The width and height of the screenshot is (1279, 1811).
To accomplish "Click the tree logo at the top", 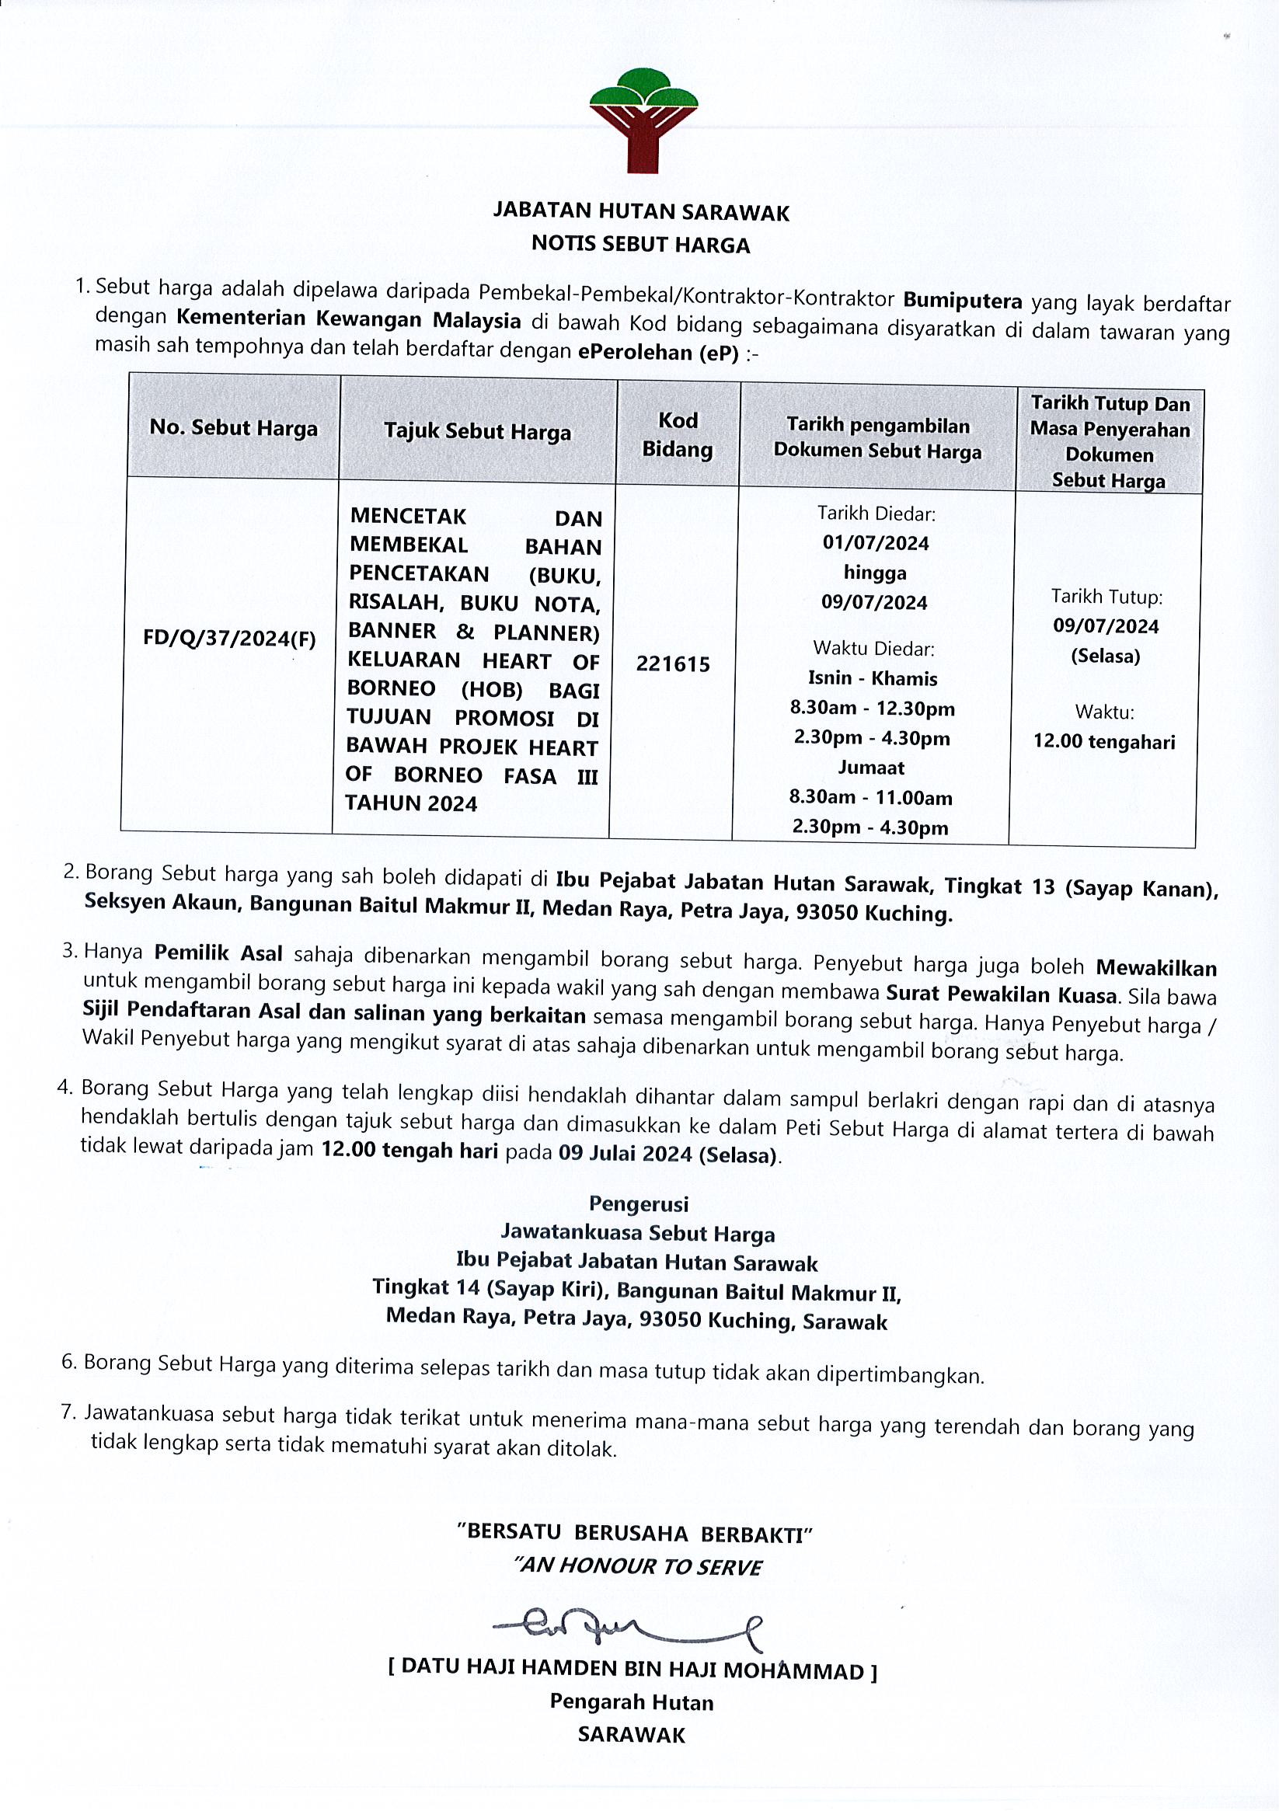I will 643,120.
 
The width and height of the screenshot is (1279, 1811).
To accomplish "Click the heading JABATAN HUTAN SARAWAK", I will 641,212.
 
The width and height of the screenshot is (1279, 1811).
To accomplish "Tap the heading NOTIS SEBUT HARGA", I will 640,245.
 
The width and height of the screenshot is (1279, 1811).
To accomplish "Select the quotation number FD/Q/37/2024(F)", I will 228,638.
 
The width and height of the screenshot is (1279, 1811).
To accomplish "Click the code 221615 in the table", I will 673,664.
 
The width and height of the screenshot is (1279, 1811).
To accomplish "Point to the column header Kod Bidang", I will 678,434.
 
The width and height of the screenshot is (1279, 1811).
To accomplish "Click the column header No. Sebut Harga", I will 234,427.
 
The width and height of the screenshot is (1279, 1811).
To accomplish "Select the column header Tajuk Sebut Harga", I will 477,431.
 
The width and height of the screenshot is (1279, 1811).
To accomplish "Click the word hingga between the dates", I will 874,573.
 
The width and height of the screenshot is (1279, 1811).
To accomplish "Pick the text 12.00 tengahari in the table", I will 1104,742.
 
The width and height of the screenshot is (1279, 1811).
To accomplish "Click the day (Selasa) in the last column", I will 1105,656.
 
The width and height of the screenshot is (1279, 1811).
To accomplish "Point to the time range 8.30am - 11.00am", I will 870,797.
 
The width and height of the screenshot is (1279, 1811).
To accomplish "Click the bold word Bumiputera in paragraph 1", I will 962,301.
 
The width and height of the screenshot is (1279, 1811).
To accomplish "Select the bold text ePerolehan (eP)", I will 658,353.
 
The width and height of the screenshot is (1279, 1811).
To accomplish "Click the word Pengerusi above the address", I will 638,1203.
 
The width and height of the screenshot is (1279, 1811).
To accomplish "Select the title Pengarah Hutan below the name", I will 631,1703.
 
